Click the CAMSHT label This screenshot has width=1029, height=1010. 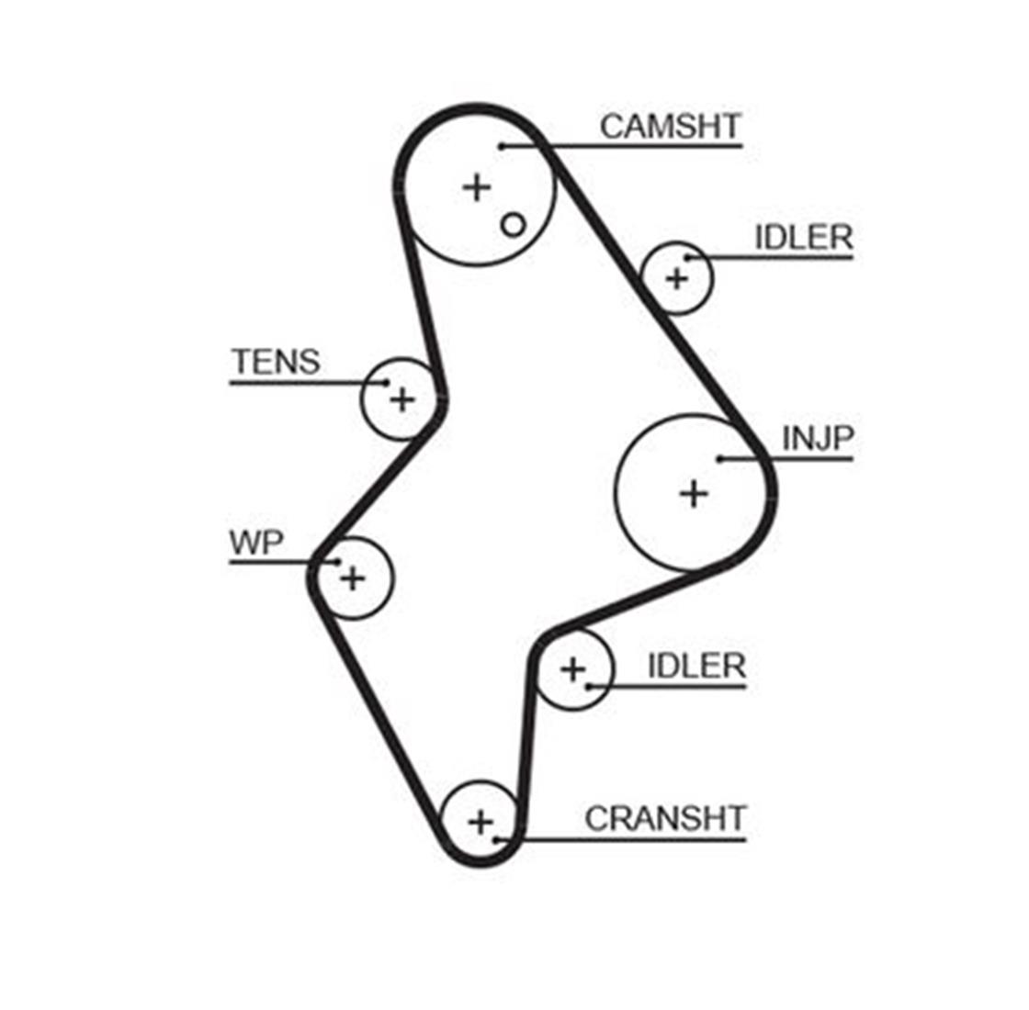pyautogui.click(x=670, y=126)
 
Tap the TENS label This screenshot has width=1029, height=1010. pyautogui.click(x=277, y=362)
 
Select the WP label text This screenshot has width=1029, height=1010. pyautogui.click(x=256, y=543)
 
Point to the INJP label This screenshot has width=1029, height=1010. pyautogui.click(x=817, y=438)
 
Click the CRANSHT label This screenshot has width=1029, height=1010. pyautogui.click(x=665, y=818)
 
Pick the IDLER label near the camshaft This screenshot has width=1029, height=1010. pyautogui.click(x=803, y=238)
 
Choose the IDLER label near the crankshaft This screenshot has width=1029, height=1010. pyautogui.click(x=696, y=667)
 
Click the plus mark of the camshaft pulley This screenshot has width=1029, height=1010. pyautogui.click(x=477, y=187)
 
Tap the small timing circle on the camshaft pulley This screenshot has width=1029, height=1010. pyautogui.click(x=514, y=226)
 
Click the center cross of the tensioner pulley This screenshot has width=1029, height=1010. pyautogui.click(x=402, y=399)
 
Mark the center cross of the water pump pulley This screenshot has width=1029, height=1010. pyautogui.click(x=353, y=578)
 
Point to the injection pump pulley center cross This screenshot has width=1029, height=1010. pyautogui.click(x=693, y=493)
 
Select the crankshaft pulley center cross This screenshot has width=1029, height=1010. pyautogui.click(x=481, y=822)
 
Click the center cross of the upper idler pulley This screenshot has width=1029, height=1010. pyautogui.click(x=676, y=279)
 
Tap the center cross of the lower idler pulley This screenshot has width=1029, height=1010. pyautogui.click(x=573, y=669)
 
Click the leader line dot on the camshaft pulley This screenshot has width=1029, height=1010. pyautogui.click(x=501, y=146)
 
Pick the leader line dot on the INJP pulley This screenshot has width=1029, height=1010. pyautogui.click(x=719, y=459)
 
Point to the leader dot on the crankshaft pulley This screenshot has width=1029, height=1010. pyautogui.click(x=497, y=839)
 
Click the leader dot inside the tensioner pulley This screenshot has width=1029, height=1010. pyautogui.click(x=387, y=383)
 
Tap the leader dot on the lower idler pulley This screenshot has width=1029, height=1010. pyautogui.click(x=589, y=687)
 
